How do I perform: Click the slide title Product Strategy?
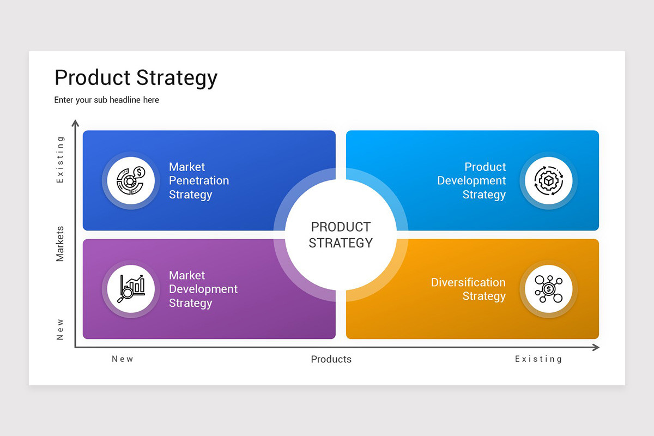[x=136, y=78]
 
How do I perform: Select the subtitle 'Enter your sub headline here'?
[x=107, y=100]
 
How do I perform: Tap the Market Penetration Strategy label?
[x=199, y=180]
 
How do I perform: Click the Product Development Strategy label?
[x=471, y=180]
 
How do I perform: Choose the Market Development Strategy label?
[x=203, y=289]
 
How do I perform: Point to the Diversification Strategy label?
[x=468, y=289]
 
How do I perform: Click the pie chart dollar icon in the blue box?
[x=131, y=180]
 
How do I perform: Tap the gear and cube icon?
[x=549, y=180]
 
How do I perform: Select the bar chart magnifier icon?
[x=131, y=289]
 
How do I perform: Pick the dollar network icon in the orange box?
[x=549, y=289]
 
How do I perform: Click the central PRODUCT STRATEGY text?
[x=341, y=235]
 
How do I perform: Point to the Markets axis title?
[x=60, y=244]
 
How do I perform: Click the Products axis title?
[x=331, y=359]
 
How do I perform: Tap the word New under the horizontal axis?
[x=123, y=359]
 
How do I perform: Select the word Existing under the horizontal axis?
[x=538, y=359]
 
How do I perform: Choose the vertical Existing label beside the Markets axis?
[x=60, y=160]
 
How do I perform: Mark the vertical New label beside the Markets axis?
[x=60, y=329]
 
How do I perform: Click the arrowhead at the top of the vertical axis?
[x=75, y=123]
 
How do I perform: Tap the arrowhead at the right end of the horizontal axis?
[x=596, y=347]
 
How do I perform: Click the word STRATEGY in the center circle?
[x=341, y=243]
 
